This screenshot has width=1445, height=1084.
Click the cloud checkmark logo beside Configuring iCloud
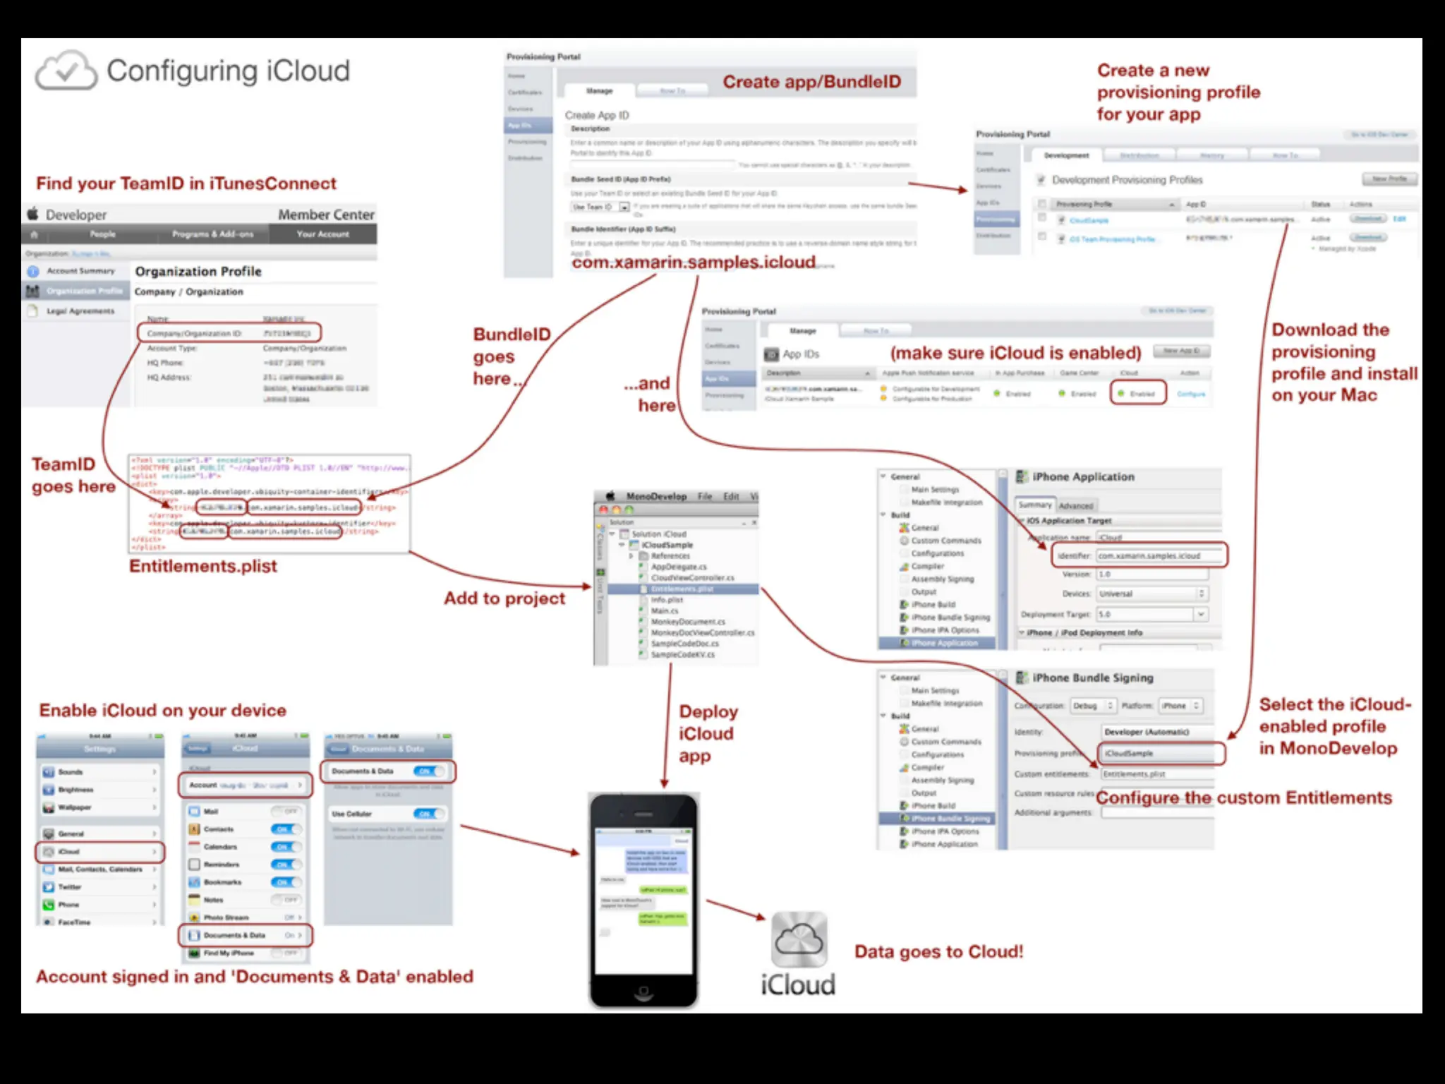click(x=66, y=70)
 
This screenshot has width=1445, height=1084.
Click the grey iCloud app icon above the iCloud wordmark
click(x=798, y=939)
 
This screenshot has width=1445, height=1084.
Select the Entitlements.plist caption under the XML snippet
click(x=203, y=567)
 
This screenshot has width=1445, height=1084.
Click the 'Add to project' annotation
click(x=504, y=598)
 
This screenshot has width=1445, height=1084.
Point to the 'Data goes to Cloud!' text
click(x=938, y=952)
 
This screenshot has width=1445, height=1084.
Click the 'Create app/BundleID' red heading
click(x=811, y=82)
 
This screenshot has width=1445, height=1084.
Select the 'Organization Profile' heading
click(x=198, y=272)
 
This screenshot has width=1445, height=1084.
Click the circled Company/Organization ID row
click(x=229, y=332)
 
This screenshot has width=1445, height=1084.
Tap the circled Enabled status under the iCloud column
click(x=1137, y=394)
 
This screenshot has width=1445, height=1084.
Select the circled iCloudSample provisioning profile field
click(x=1161, y=754)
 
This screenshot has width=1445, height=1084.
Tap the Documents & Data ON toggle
click(x=428, y=771)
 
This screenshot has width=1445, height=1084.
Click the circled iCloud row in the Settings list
click(x=100, y=852)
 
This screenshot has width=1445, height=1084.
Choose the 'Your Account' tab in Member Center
click(x=322, y=234)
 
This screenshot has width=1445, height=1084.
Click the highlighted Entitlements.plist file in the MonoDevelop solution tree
click(x=682, y=589)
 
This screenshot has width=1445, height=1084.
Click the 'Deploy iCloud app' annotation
click(x=708, y=733)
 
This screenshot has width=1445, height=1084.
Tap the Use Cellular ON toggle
click(x=428, y=814)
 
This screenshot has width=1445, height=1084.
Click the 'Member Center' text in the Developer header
click(x=326, y=215)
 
